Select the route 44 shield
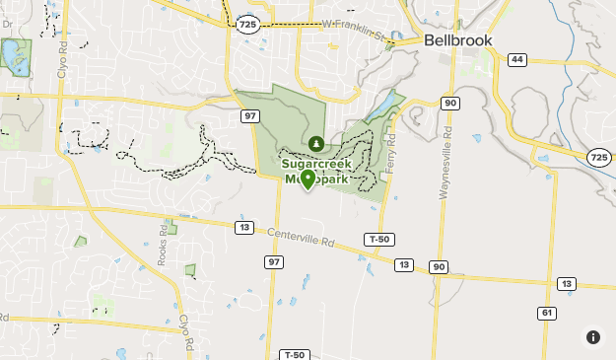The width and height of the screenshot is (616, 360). click(516, 59)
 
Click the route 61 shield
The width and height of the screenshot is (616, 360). click(547, 313)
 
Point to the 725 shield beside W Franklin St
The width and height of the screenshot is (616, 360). click(248, 23)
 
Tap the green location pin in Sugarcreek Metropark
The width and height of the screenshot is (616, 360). click(308, 180)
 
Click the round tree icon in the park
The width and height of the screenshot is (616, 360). click(316, 144)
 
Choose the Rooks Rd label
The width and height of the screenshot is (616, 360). click(162, 247)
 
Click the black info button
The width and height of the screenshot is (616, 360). click(593, 337)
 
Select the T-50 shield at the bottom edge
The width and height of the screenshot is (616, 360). click(294, 354)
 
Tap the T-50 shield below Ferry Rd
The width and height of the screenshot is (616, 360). click(378, 240)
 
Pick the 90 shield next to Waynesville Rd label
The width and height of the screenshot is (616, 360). click(450, 103)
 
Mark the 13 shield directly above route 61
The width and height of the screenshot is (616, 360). click(565, 284)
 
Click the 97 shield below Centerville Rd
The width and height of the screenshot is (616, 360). click(274, 261)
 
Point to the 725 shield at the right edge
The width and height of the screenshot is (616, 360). click(598, 157)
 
